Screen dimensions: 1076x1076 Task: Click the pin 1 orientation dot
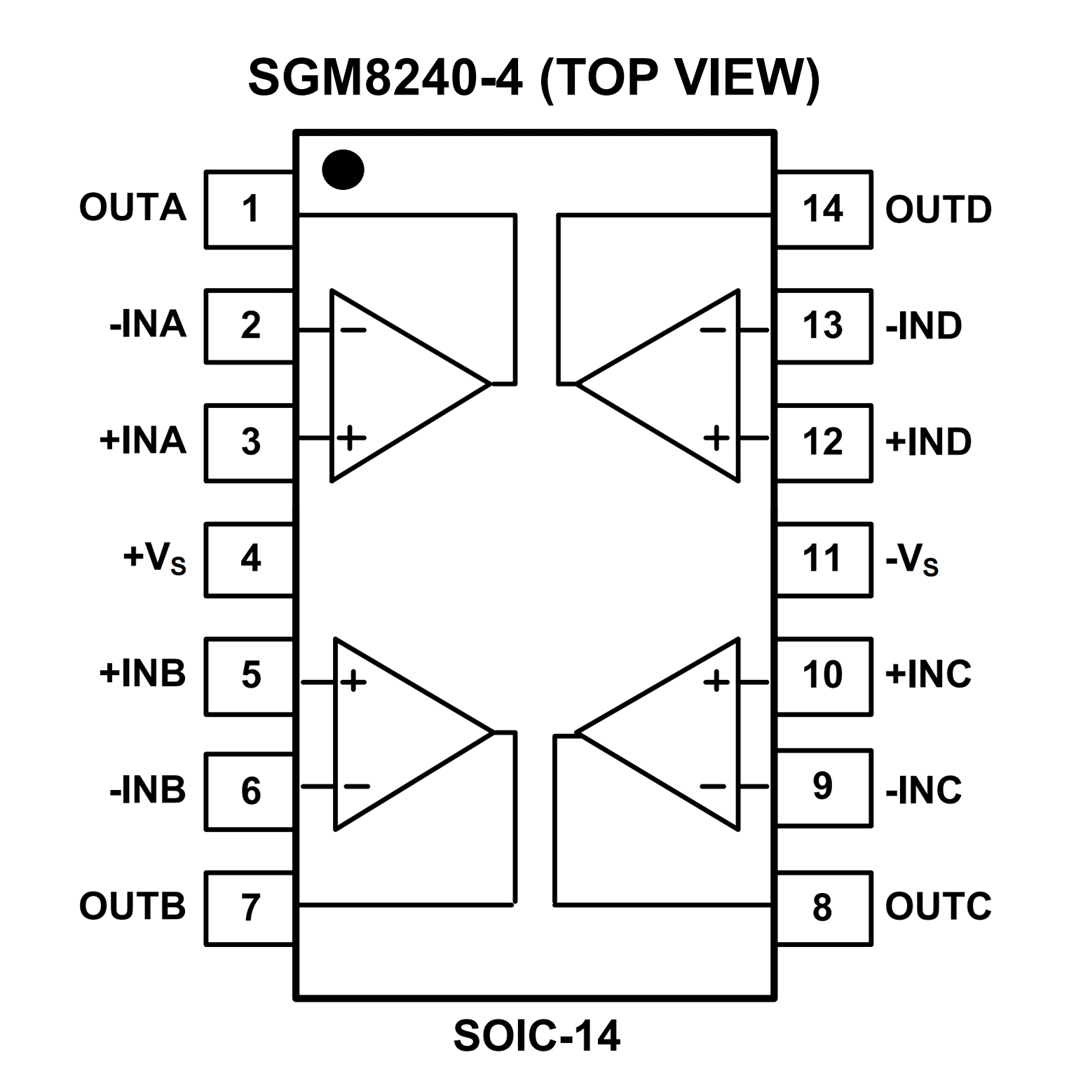pyautogui.click(x=343, y=170)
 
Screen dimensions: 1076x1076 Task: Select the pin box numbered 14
pyautogui.click(x=824, y=209)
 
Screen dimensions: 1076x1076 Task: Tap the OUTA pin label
pyautogui.click(x=132, y=207)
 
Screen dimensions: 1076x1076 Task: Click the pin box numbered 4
pyautogui.click(x=250, y=559)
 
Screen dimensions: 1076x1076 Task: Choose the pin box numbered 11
pyautogui.click(x=824, y=559)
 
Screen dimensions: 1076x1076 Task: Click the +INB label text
pyautogui.click(x=142, y=673)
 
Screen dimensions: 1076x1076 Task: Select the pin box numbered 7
pyautogui.click(x=250, y=908)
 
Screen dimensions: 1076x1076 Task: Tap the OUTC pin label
pyautogui.click(x=938, y=906)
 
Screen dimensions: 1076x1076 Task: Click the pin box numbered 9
pyautogui.click(x=824, y=788)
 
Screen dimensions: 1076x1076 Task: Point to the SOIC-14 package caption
pyautogui.click(x=536, y=1036)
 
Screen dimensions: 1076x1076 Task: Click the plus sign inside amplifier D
pyautogui.click(x=716, y=438)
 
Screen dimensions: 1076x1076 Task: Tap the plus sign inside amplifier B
pyautogui.click(x=353, y=681)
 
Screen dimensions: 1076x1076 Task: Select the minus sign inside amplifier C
pyautogui.click(x=713, y=786)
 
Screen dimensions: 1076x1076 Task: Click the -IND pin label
pyautogui.click(x=923, y=326)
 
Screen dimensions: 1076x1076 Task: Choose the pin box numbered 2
pyautogui.click(x=250, y=326)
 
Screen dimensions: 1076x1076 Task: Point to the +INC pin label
pyautogui.click(x=927, y=674)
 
